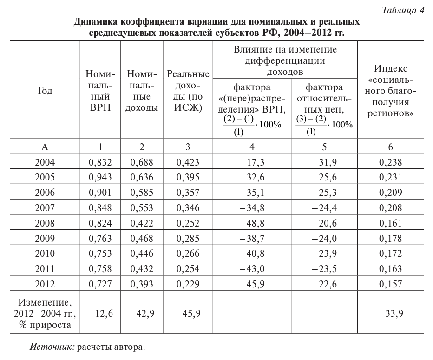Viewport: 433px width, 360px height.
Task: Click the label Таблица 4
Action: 403,11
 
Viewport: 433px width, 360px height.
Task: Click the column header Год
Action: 45,91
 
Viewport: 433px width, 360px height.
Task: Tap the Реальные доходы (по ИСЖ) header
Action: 188,91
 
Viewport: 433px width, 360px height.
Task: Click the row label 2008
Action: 45,223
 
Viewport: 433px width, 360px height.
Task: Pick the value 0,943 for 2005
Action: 100,178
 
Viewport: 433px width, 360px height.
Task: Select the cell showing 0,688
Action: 142,163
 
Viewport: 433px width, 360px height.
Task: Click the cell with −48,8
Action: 251,223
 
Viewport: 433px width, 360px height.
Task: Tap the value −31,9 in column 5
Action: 324,163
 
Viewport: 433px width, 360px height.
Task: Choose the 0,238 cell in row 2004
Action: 390,163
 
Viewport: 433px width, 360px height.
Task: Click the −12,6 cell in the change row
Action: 100,313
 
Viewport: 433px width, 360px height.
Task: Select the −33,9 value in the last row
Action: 390,313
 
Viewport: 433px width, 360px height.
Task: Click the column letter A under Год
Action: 45,147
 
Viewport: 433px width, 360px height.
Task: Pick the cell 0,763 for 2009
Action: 100,238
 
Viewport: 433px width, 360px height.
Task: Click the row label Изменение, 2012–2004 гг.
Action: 45,313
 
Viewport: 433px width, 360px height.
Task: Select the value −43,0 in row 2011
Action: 251,268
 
